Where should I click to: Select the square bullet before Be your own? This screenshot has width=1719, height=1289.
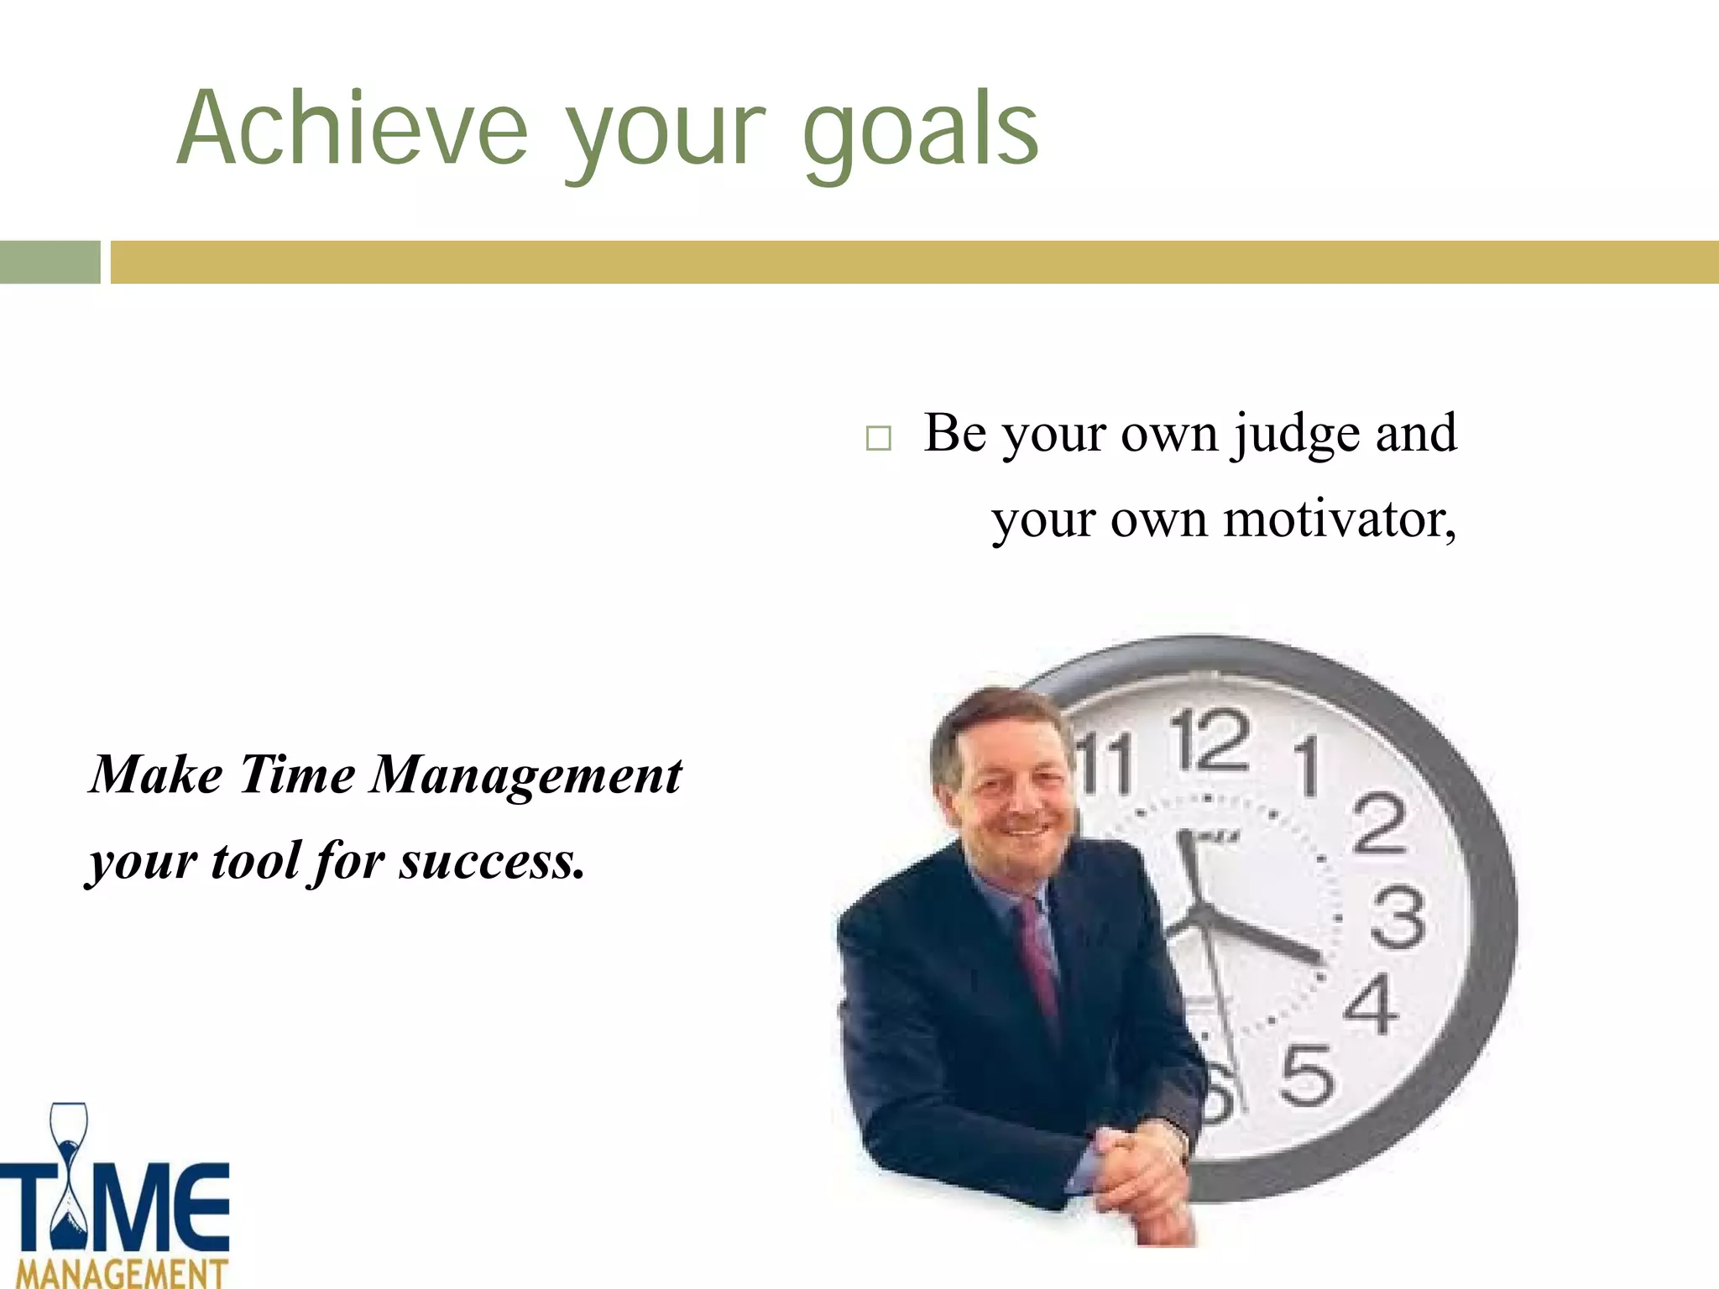[x=878, y=438]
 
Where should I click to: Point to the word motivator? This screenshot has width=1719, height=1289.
[x=1340, y=520]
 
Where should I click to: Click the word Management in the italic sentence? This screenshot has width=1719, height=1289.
[x=526, y=775]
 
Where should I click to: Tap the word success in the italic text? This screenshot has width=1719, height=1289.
[x=491, y=862]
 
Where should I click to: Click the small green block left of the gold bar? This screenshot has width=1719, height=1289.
[x=50, y=262]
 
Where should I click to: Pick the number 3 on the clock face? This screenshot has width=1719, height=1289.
[x=1398, y=919]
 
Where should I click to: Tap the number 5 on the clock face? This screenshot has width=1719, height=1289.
[x=1306, y=1076]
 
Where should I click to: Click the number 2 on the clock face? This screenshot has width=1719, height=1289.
[x=1379, y=824]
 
